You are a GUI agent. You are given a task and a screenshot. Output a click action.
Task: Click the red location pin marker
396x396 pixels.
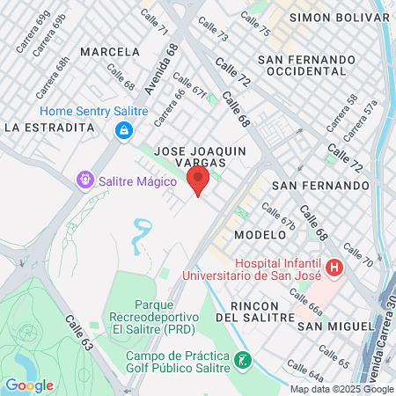click(198, 181)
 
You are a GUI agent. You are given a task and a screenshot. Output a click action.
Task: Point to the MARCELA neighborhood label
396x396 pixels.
click(110, 52)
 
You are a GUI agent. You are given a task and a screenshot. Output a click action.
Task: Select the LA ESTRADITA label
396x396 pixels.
click(49, 127)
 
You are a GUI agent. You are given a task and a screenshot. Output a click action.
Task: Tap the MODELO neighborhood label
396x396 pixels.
click(257, 236)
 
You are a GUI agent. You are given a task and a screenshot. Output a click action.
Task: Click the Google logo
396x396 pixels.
click(29, 385)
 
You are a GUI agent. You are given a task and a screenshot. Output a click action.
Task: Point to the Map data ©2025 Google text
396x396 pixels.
click(342, 389)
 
